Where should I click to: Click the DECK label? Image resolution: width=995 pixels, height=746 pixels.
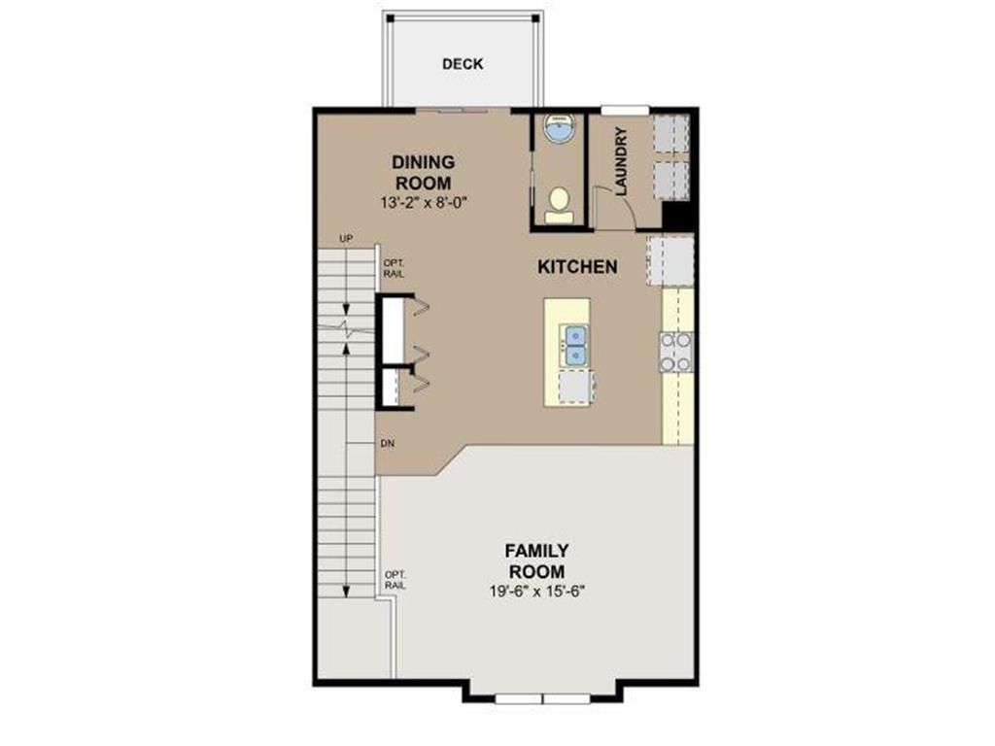(x=462, y=64)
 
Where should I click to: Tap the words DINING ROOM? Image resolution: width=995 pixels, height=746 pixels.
(x=423, y=172)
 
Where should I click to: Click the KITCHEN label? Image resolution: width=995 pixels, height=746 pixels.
(x=577, y=266)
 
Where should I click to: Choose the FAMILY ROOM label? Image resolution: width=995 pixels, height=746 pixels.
(x=536, y=561)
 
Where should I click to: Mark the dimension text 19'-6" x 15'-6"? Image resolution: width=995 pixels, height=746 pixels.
(x=536, y=590)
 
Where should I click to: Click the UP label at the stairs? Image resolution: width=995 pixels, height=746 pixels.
(x=345, y=239)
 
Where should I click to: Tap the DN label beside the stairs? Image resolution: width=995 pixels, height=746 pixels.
(x=388, y=443)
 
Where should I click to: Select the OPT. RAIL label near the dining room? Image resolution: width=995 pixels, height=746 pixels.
(x=394, y=268)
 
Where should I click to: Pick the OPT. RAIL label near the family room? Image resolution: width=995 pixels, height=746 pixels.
(x=395, y=579)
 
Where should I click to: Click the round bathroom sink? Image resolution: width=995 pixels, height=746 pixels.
(x=558, y=128)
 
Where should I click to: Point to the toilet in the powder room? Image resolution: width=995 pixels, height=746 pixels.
(x=558, y=205)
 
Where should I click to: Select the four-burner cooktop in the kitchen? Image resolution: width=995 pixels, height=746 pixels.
(x=676, y=352)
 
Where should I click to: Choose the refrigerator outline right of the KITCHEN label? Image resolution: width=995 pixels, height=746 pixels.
(x=669, y=259)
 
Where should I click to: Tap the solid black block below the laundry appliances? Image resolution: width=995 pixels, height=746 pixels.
(x=677, y=215)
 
